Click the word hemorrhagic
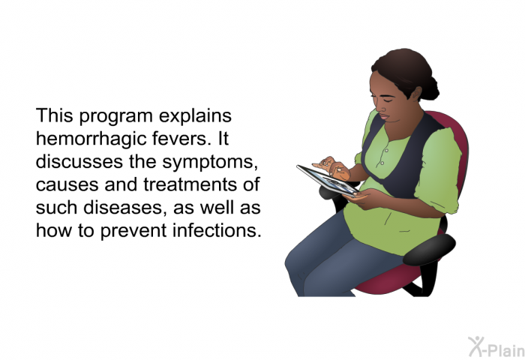pos(91,139)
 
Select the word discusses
pos(79,161)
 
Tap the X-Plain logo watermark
pos(496,347)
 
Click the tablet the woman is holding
pos(328,181)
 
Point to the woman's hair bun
pos(430,88)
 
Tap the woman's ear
pos(416,94)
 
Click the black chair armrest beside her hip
pos(429,249)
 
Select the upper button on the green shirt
pos(386,151)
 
